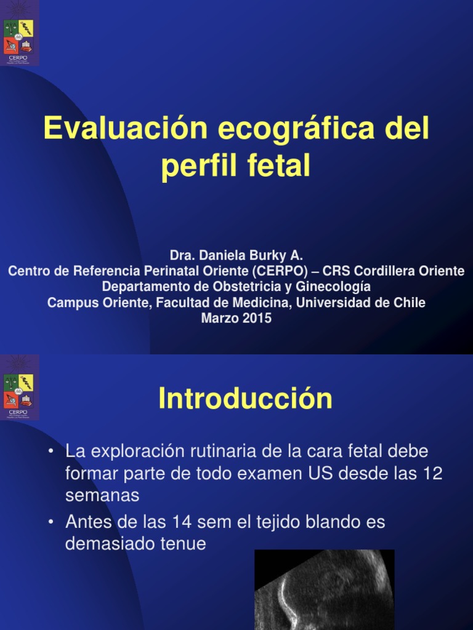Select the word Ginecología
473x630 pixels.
click(333, 287)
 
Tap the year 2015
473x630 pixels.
click(257, 319)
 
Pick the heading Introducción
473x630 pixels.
click(245, 399)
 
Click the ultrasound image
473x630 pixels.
click(324, 589)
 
